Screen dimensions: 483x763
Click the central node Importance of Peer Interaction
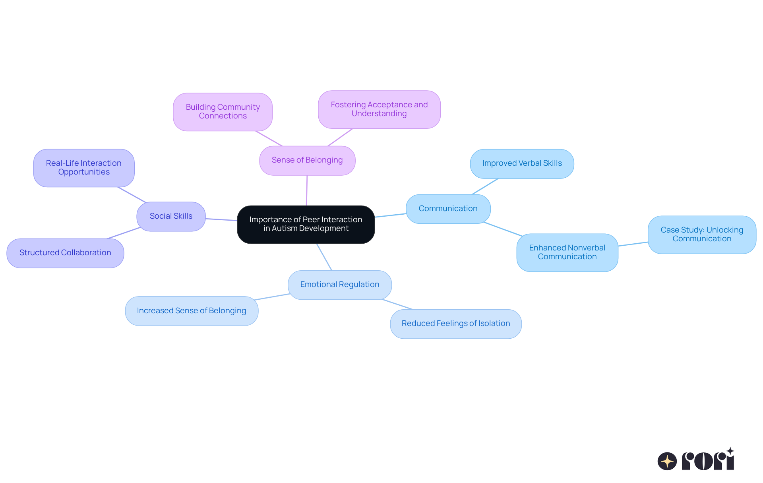(x=306, y=224)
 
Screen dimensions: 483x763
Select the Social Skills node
(x=171, y=216)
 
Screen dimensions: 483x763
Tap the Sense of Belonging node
(x=307, y=160)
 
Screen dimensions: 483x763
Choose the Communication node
(x=448, y=209)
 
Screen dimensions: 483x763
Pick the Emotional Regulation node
(x=340, y=285)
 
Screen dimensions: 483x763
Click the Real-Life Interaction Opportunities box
(x=84, y=168)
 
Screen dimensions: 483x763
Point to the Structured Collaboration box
(x=65, y=253)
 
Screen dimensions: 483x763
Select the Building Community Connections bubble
(x=223, y=112)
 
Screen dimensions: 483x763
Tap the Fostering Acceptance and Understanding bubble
(x=379, y=109)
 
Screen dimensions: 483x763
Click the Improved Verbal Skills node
(x=522, y=163)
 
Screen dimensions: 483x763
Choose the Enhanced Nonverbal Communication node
(x=567, y=252)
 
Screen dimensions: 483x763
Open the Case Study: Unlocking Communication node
(x=702, y=235)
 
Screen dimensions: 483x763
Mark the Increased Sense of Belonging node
(x=192, y=311)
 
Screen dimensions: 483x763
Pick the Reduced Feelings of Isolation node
(x=455, y=324)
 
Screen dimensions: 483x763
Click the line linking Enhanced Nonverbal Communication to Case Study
(x=633, y=244)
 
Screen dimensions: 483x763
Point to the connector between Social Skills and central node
(x=221, y=219)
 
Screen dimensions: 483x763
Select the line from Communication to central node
(x=390, y=215)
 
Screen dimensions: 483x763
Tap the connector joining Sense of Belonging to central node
(x=307, y=190)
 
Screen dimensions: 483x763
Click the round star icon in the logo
(x=667, y=461)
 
